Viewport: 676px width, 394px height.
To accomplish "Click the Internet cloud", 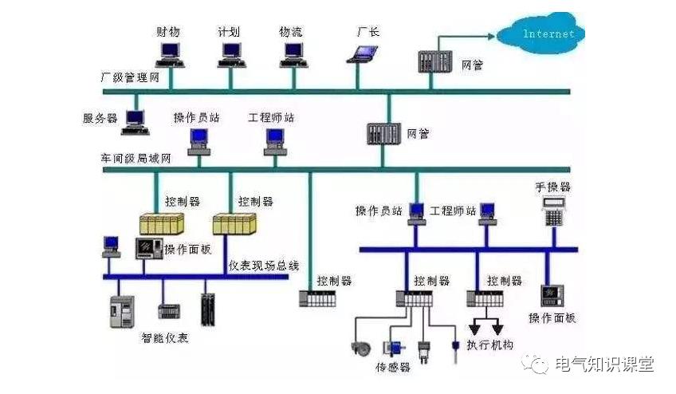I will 548,33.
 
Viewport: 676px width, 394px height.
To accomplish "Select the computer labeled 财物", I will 169,53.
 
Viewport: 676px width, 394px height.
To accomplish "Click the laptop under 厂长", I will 364,53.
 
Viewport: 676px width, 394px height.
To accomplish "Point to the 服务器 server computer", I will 136,118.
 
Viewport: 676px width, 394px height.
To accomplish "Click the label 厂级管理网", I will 130,77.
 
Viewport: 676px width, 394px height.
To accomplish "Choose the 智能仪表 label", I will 165,337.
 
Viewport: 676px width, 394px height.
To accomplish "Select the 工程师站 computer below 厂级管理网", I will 276,140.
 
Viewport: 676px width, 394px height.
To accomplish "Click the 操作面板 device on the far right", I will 552,295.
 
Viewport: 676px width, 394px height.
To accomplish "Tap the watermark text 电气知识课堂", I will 603,364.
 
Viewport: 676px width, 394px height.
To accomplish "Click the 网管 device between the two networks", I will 383,132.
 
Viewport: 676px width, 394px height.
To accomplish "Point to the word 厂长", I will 367,32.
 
